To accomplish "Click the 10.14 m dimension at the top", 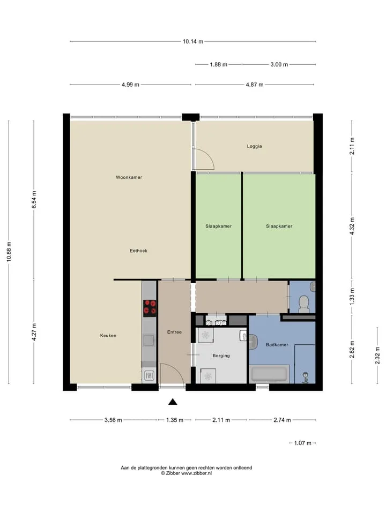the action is tap(193, 42).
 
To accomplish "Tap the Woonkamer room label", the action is tap(129, 177).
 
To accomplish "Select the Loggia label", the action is tap(254, 146).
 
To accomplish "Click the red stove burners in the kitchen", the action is tap(150, 308).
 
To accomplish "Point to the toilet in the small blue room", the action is tap(304, 304).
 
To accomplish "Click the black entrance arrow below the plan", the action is tap(173, 402).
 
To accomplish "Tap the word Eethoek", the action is tap(138, 251).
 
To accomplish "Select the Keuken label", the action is tap(108, 336).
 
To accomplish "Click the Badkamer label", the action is tap(277, 345).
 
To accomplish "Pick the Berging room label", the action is tap(221, 356).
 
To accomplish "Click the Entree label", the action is tap(174, 332).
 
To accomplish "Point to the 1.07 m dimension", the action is tap(302, 443).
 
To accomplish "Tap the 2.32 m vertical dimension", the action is tap(377, 356).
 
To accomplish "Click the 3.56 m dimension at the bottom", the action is tap(113, 420).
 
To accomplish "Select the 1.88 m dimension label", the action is tap(219, 65).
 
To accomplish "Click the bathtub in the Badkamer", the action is tap(269, 374).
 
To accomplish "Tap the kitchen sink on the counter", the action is tap(149, 341).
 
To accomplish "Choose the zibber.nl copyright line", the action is tap(186, 473).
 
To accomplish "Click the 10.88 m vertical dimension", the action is tap(9, 252).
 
